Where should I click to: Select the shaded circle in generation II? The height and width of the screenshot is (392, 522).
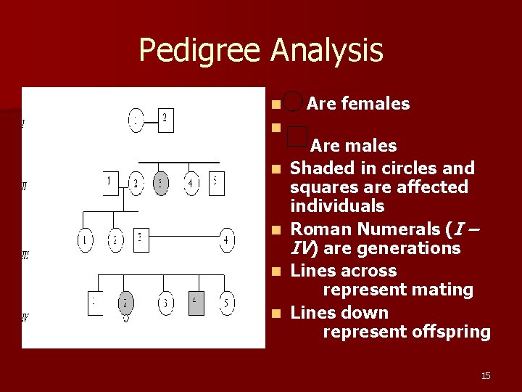click(x=162, y=183)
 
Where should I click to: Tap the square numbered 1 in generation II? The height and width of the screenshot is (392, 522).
click(x=109, y=181)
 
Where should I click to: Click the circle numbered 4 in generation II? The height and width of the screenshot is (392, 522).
click(x=190, y=183)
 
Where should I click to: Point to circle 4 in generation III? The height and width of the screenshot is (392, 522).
click(x=228, y=240)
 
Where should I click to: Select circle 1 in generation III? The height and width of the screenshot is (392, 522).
click(x=86, y=240)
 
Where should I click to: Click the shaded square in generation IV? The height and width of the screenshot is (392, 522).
click(x=196, y=302)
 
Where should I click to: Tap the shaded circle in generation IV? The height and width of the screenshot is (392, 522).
click(x=125, y=303)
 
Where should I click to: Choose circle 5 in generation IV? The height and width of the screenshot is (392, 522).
click(x=228, y=303)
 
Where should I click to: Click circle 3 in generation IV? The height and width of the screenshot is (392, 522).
click(x=166, y=303)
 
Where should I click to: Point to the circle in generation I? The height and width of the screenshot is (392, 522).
click(x=136, y=121)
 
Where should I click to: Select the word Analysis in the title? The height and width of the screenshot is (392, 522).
click(x=327, y=51)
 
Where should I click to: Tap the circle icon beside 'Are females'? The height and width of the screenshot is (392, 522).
click(x=293, y=102)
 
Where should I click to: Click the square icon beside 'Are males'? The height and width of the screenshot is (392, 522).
click(x=297, y=134)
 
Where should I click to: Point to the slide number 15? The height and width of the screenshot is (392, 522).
click(x=486, y=375)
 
